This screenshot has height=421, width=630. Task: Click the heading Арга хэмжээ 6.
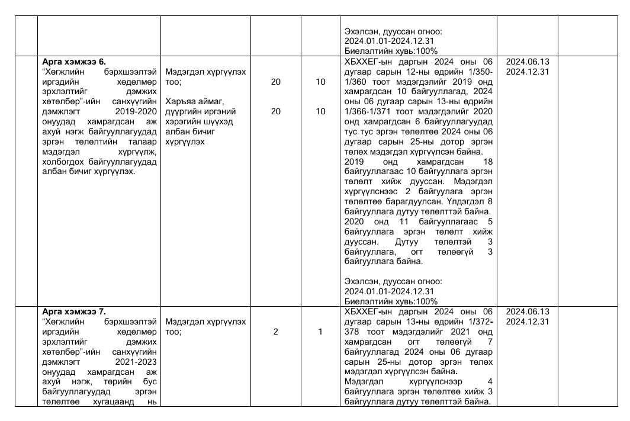click(x=74, y=61)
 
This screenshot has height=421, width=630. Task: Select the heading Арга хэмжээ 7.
click(x=74, y=311)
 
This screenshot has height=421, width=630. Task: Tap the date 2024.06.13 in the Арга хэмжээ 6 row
click(x=528, y=62)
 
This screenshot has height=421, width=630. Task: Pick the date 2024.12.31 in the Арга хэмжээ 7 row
click(x=528, y=322)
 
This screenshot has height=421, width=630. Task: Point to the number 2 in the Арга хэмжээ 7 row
click(x=276, y=332)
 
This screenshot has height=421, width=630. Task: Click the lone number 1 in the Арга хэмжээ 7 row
click(x=320, y=332)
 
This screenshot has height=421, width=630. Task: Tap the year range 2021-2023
click(x=137, y=361)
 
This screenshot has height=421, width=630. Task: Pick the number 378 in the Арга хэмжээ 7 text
click(x=352, y=332)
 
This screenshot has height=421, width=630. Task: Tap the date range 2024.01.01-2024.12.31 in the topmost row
click(x=390, y=41)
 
